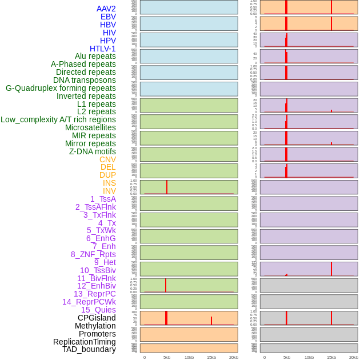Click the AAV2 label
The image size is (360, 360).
pyautogui.click(x=106, y=9)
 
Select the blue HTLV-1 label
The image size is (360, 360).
pyautogui.click(x=102, y=49)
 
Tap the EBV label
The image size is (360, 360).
pyautogui.click(x=108, y=17)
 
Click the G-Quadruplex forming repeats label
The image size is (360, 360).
pyautogui.click(x=61, y=88)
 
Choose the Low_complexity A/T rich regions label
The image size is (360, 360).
pyautogui.click(x=58, y=119)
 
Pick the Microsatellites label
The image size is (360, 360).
pyautogui.click(x=90, y=127)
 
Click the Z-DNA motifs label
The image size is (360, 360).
pyautogui.click(x=93, y=151)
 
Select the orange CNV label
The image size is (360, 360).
pyautogui.click(x=107, y=159)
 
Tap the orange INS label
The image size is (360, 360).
pyautogui.click(x=109, y=183)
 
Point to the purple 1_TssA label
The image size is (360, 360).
pyautogui.click(x=103, y=199)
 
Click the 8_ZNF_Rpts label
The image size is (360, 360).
pyautogui.click(x=93, y=254)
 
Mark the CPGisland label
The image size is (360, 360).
pyautogui.click(x=97, y=318)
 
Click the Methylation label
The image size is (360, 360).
pyautogui.click(x=95, y=326)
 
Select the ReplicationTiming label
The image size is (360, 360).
pyautogui.click(x=85, y=342)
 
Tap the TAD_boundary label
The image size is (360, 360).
pyautogui.click(x=89, y=349)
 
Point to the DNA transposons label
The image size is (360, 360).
pyautogui.click(x=85, y=80)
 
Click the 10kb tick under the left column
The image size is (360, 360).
pyautogui.click(x=189, y=357)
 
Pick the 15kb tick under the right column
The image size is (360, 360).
pyautogui.click(x=331, y=357)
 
